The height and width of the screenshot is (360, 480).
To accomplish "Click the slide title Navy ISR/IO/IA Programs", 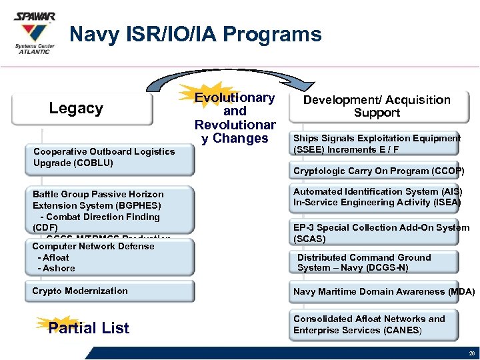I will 195,35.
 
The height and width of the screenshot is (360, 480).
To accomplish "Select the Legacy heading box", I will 76,109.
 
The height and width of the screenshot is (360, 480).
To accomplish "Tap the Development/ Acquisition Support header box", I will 377,106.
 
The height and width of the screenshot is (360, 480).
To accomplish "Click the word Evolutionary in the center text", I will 234,98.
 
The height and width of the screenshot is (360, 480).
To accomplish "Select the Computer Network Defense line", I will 93,246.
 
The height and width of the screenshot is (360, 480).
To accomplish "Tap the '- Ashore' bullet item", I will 57,268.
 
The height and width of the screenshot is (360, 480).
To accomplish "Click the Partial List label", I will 89,327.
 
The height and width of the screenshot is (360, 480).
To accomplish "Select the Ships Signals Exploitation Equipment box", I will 377,143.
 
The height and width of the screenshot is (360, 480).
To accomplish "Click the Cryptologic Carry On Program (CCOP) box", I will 377,171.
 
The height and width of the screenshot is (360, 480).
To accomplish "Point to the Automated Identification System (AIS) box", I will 377,197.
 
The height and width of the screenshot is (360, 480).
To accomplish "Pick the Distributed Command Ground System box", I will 377,263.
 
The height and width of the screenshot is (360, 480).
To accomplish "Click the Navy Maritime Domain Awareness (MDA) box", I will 383,291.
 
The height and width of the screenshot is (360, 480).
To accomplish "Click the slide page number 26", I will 471,353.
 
